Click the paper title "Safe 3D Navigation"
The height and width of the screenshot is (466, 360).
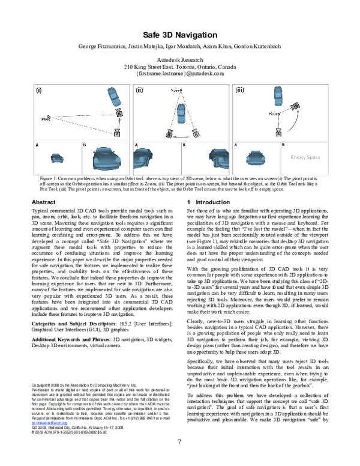coord(179,35)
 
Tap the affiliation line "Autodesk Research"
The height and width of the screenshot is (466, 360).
coord(180,61)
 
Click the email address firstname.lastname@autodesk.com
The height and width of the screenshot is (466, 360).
coord(180,74)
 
